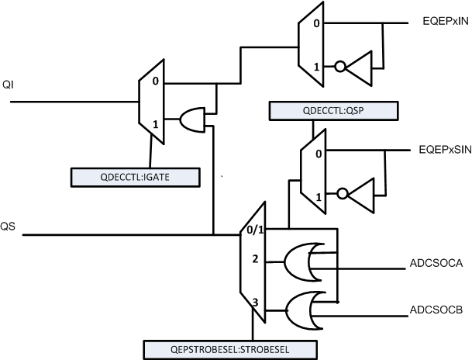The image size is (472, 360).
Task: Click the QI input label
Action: pos(8,84)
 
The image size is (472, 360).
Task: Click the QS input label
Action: pos(9,227)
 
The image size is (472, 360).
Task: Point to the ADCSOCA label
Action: pos(436,263)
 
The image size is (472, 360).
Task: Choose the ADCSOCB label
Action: pos(436,310)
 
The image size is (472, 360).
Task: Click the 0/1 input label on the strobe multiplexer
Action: pos(255,230)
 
